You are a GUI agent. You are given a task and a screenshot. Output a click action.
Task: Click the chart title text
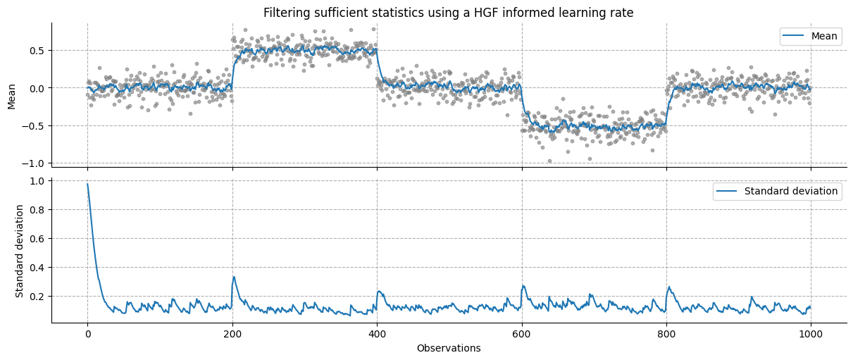(x=448, y=13)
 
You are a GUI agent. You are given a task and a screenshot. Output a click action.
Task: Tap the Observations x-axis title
(x=448, y=348)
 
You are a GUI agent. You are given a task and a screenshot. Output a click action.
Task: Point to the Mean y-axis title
(x=11, y=95)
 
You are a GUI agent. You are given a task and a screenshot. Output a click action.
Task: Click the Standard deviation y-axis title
(x=20, y=250)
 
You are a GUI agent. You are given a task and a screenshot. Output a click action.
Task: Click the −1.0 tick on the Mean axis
(x=35, y=163)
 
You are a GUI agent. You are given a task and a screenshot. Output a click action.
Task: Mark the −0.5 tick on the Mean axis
(x=35, y=125)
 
